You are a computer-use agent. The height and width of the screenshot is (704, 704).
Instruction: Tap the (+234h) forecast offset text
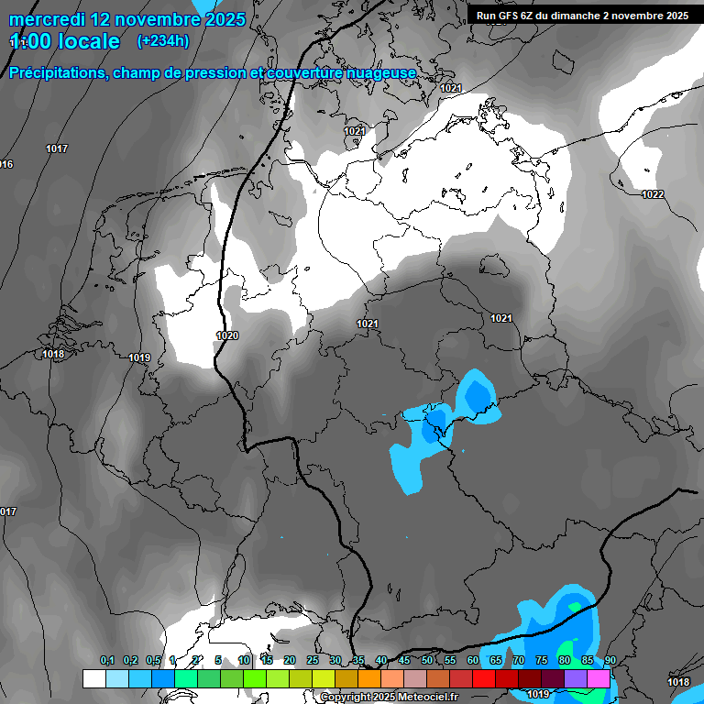pyautogui.click(x=162, y=40)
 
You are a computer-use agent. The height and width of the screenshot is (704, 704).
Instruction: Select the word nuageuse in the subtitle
pyautogui.click(x=384, y=72)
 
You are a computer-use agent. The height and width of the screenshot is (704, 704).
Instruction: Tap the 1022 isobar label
pyautogui.click(x=653, y=194)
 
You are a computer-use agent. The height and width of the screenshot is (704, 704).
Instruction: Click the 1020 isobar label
pyautogui.click(x=227, y=335)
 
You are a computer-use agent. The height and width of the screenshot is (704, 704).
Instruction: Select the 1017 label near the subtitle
pyautogui.click(x=57, y=148)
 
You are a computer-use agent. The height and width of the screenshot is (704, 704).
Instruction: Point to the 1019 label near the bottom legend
pyautogui.click(x=538, y=694)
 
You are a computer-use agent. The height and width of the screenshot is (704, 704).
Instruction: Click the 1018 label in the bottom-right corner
pyautogui.click(x=678, y=682)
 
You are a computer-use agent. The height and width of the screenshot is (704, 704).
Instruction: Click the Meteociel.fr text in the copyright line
pyautogui.click(x=425, y=697)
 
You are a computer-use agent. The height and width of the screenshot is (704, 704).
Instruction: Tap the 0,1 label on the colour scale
pyautogui.click(x=107, y=661)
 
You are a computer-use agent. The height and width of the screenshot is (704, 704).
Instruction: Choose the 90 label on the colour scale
pyautogui.click(x=610, y=661)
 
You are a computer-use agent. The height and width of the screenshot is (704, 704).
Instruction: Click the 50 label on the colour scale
pyautogui.click(x=427, y=661)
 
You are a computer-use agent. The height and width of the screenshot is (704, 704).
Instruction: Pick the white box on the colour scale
pyautogui.click(x=93, y=678)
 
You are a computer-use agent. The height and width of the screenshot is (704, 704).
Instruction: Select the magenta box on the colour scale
pyautogui.click(x=599, y=678)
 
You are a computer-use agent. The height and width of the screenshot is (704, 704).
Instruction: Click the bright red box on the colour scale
pyautogui.click(x=483, y=678)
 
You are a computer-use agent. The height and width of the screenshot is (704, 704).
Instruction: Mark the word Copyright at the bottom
pyautogui.click(x=346, y=697)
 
